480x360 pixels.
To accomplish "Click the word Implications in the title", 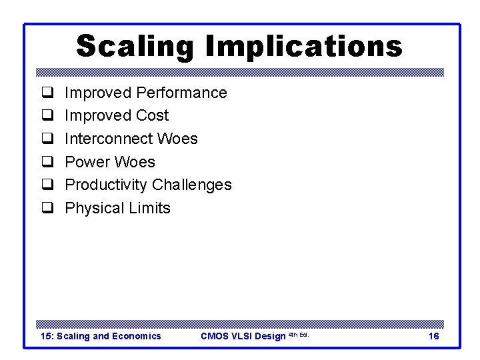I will point(304,47).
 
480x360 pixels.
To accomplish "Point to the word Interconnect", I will point(107,139).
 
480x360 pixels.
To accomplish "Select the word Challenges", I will point(192,185).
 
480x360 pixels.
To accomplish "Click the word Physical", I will point(95,208).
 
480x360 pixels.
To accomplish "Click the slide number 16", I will point(433,336).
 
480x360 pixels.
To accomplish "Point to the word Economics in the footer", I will point(137,336).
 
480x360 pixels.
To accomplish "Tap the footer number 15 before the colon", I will point(46,336).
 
